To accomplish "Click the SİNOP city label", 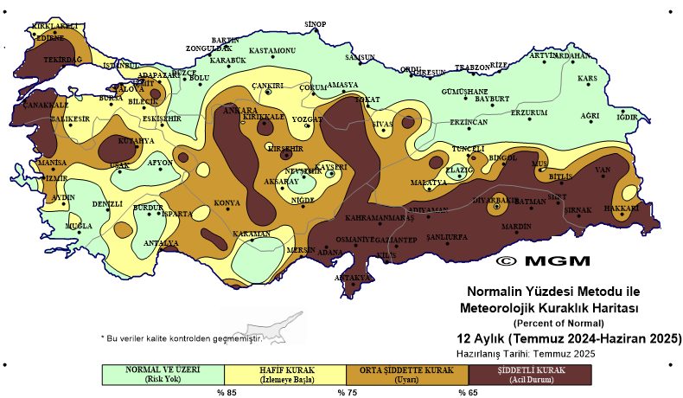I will click(x=316, y=23).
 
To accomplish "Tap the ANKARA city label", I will click(x=241, y=111).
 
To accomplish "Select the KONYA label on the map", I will click(x=227, y=202).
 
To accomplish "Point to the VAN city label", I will click(x=603, y=170).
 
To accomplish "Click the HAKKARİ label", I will click(x=621, y=208).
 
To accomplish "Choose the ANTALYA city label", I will click(x=160, y=243).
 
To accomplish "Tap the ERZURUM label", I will click(x=529, y=112).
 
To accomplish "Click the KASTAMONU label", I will click(x=272, y=51).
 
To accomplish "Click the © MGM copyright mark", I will click(x=543, y=260).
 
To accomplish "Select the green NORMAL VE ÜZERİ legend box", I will click(x=163, y=374).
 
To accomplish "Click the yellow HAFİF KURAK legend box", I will click(x=285, y=374).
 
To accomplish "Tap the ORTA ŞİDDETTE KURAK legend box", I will click(x=407, y=374).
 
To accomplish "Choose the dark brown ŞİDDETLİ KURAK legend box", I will click(x=529, y=374).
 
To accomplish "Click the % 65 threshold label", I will click(x=467, y=392).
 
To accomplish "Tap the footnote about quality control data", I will click(x=181, y=338).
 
